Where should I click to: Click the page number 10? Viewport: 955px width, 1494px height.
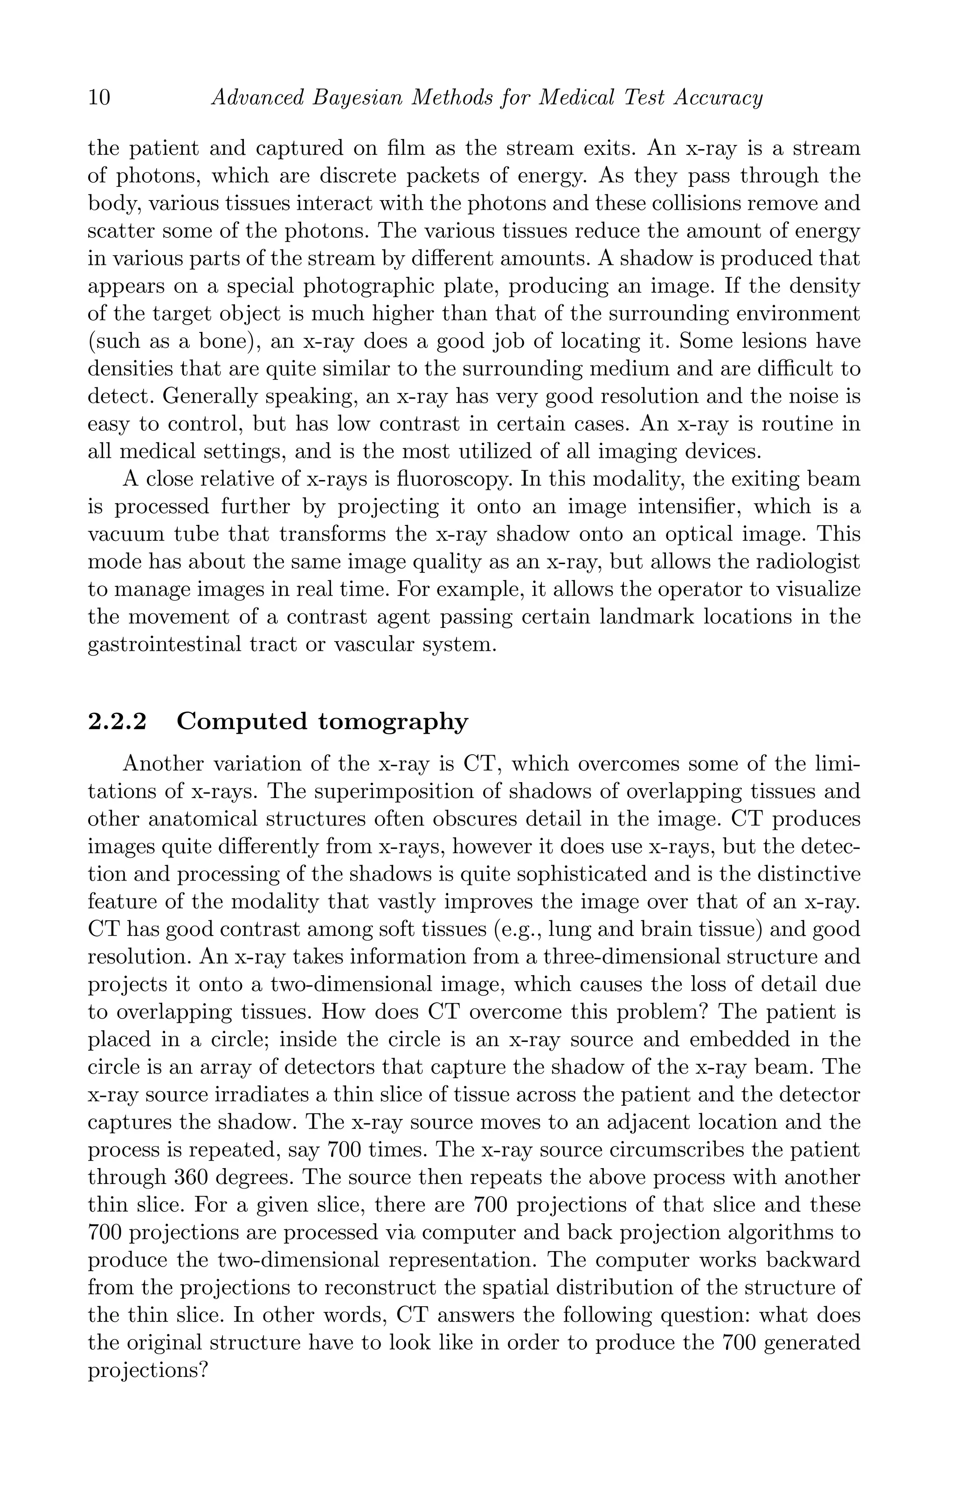[x=99, y=98]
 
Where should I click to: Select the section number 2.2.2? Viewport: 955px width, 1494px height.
[x=118, y=722]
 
